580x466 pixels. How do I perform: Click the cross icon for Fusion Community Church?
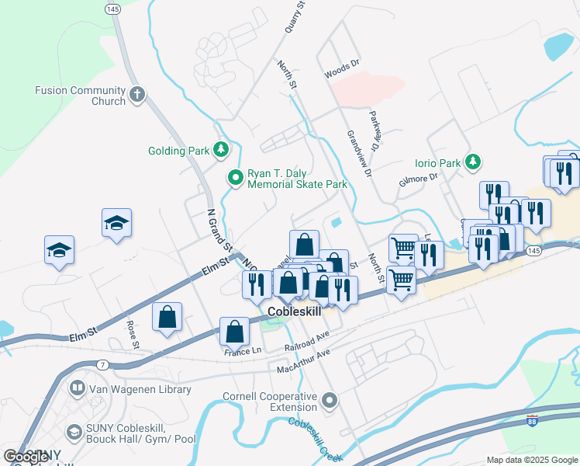(x=137, y=95)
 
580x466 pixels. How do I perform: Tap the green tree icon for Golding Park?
(x=222, y=149)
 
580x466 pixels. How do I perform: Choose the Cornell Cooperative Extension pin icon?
(x=330, y=402)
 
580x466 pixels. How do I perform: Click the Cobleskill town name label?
(x=294, y=311)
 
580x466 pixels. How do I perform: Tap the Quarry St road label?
(x=297, y=16)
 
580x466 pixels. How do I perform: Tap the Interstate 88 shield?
(x=532, y=420)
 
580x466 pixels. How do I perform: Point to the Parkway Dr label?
(x=377, y=130)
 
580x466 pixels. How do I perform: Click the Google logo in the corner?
(x=26, y=457)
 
